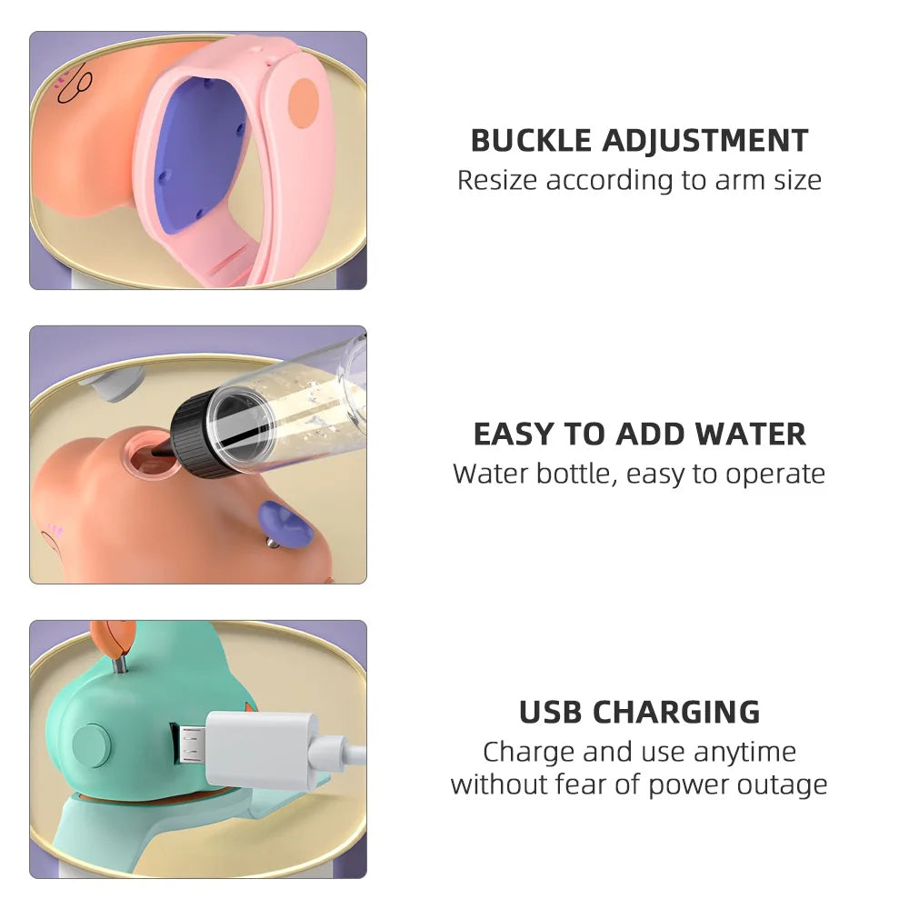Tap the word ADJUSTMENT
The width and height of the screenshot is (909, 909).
(x=705, y=140)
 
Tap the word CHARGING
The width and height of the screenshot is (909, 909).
(x=676, y=712)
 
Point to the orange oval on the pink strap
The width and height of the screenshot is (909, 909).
(x=304, y=103)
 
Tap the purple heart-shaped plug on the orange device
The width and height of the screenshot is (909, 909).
(x=285, y=524)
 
